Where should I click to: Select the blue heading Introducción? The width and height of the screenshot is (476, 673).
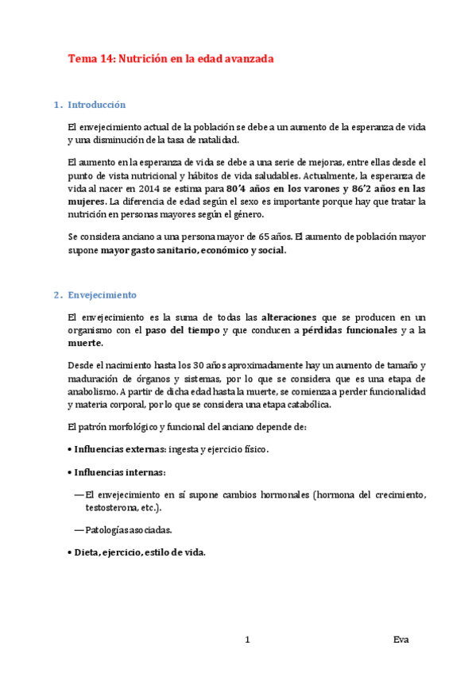pos(97,104)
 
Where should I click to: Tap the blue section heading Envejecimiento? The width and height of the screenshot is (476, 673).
pos(103,294)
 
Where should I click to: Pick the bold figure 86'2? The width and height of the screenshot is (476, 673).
pos(365,189)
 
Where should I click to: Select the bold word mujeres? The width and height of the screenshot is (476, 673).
pos(87,202)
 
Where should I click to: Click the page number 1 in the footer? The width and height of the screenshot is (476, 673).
pos(248,640)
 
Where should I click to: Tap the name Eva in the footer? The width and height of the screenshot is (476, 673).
pos(401,640)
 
